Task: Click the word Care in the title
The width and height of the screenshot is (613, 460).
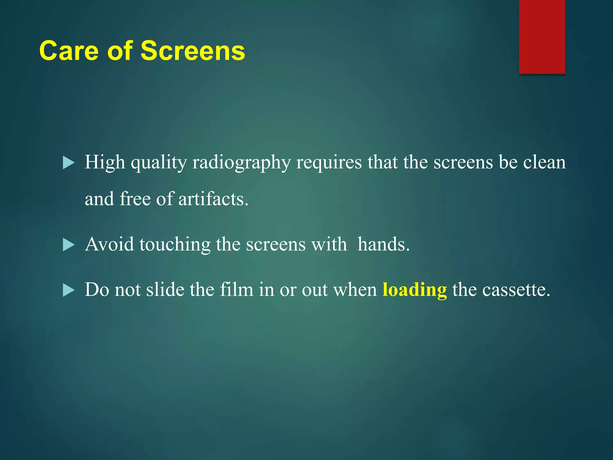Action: (69, 51)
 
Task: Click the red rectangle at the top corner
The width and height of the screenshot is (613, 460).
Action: (542, 37)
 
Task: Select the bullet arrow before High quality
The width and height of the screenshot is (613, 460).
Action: (69, 163)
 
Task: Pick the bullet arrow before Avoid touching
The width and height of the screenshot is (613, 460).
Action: (69, 245)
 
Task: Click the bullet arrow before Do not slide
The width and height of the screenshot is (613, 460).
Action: (69, 290)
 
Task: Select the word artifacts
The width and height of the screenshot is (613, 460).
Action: (213, 199)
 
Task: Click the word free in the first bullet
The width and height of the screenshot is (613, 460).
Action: (135, 199)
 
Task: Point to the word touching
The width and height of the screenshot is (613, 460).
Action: (175, 245)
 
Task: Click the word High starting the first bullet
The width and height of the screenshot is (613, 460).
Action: (105, 163)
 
